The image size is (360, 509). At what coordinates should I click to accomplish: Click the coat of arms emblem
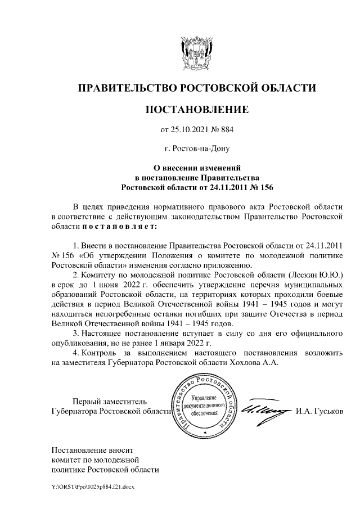[x=197, y=53]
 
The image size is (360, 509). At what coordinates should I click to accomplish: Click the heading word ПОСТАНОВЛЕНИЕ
[x=196, y=109]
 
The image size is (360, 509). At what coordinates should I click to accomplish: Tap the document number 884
[x=226, y=130]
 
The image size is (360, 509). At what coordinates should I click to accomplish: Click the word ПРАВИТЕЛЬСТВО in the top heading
[x=127, y=88]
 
